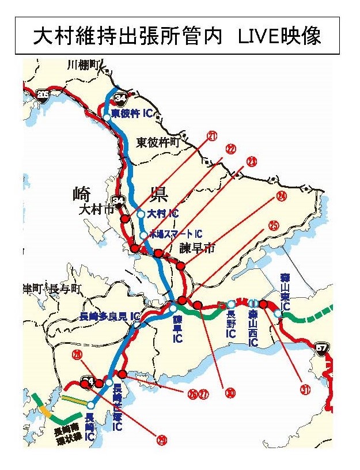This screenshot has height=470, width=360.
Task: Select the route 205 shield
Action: coord(42,94)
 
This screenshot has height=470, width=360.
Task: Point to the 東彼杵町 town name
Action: coord(158,141)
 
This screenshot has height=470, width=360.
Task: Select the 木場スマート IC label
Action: coord(176,234)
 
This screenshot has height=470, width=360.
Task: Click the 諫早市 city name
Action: coord(196,248)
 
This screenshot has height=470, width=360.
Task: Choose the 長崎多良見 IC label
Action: coord(111,317)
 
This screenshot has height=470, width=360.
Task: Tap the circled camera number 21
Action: coord(213,137)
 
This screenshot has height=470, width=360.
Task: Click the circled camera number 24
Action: coord(281,196)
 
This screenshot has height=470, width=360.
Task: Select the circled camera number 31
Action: coord(305,390)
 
